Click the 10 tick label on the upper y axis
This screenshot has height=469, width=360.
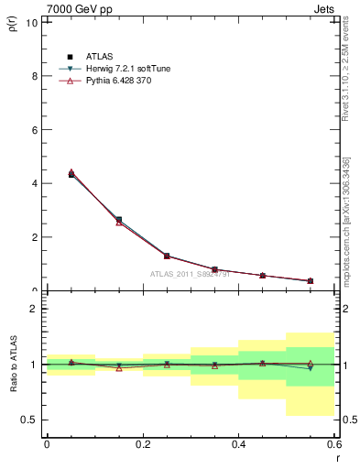point(32,22)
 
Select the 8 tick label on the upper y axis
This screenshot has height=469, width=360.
point(35,76)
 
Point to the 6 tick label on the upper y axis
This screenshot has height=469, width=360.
point(35,130)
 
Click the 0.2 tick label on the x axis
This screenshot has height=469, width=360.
point(142,443)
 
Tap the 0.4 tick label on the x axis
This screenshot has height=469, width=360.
point(238,443)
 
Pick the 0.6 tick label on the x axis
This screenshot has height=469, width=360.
point(333,443)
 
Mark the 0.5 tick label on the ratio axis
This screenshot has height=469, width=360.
point(30,420)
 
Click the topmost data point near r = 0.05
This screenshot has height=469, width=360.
point(71,172)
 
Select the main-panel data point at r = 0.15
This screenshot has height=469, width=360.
point(119,221)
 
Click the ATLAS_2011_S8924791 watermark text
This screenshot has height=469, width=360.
point(190,274)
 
